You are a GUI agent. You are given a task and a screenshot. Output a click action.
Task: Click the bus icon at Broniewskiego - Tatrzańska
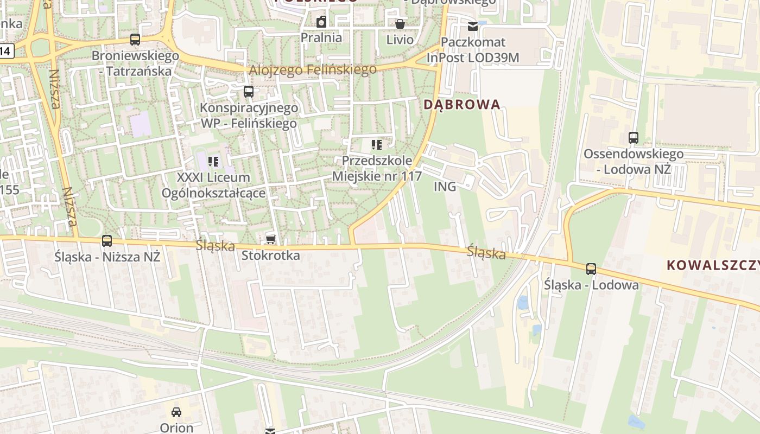pos(135,40)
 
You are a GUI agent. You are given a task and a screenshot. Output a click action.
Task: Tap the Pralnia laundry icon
pos(321,22)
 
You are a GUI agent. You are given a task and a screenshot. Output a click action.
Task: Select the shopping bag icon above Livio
pos(400,24)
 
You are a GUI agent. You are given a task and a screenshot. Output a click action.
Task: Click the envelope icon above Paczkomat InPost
pos(473,26)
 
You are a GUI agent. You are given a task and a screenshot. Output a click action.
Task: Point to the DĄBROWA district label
pos(461,105)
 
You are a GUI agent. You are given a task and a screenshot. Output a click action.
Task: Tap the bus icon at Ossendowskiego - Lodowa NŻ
pos(633,138)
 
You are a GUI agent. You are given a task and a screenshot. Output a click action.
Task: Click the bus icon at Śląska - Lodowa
pos(591,269)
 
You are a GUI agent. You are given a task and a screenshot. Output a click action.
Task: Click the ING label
pos(445,187)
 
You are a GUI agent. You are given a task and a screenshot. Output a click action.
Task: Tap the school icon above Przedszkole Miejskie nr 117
pos(377,145)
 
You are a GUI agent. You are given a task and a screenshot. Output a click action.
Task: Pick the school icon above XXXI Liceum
pos(213,161)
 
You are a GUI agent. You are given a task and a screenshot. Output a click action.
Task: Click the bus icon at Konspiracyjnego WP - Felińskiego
pos(249,91)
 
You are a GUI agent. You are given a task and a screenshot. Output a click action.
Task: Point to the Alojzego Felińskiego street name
pos(313,70)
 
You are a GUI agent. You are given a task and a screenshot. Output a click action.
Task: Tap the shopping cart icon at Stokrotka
pos(270,239)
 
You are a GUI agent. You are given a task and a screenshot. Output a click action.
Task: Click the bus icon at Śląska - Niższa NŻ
pos(107,241)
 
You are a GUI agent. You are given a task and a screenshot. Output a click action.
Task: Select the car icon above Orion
pos(176,412)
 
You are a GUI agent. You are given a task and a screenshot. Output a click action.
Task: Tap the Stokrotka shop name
pos(270,255)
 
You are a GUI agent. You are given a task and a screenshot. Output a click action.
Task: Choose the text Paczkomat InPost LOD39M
pos(473,50)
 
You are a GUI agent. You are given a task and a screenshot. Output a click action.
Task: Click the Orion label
pos(176,427)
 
